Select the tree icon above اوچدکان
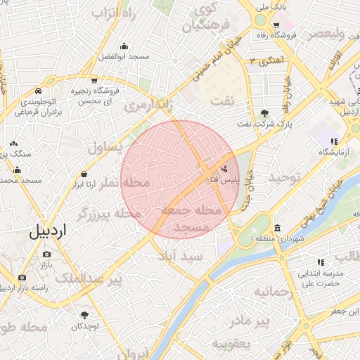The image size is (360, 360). pos(85,316)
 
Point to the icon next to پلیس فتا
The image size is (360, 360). pos(225,169)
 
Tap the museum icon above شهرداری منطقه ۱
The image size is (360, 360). pos(278,229)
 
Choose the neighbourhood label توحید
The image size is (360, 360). pos(284,177)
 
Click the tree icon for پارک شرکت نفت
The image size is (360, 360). pos(264,113)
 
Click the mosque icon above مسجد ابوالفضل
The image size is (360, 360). pos(124,46)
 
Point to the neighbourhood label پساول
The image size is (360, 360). pos(105,148)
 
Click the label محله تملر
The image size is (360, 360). pos(127,183)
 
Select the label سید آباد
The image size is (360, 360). pos(181,257)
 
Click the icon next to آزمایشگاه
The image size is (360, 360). pos(333,140)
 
